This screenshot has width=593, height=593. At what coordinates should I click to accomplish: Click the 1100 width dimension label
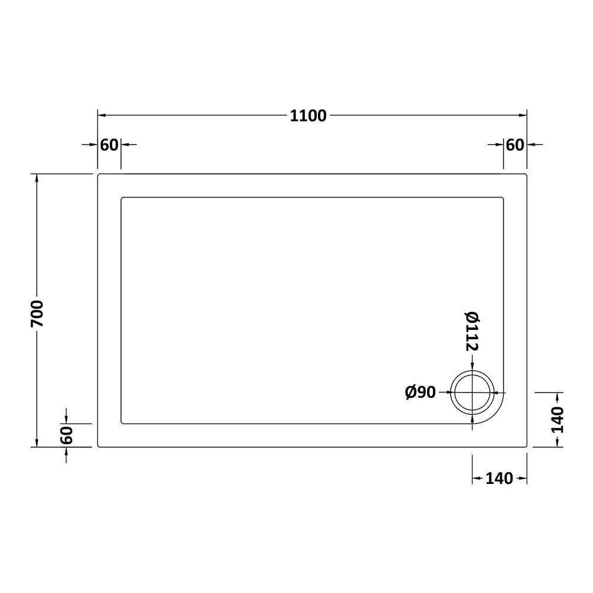pos(308,116)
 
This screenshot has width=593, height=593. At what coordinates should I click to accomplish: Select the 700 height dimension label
pos(38,314)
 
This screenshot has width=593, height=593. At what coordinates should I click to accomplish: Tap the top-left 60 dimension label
pos(109,145)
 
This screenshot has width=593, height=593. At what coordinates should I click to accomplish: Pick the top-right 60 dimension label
pos(515,145)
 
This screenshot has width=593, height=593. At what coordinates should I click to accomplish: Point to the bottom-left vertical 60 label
pos(66,435)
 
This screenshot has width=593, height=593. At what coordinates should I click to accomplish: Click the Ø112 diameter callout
pos(472,331)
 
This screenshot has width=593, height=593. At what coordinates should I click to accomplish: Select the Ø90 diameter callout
pos(420,392)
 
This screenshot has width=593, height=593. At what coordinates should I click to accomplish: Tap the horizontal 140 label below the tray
pos(499,479)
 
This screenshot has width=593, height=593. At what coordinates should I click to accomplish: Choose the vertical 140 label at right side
pos(557,420)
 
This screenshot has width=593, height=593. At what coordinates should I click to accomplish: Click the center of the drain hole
pos(473,393)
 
